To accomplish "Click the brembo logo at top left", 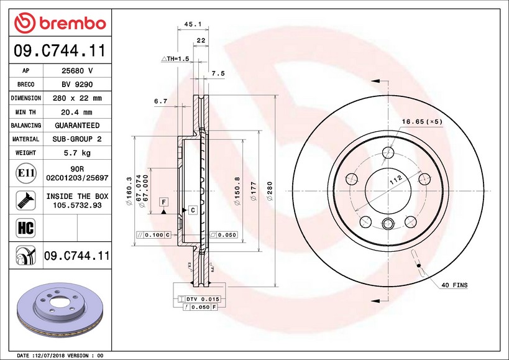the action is pos(60,23).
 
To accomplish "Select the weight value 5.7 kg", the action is pos(77,152).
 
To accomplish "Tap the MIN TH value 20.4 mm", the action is pos(76,113).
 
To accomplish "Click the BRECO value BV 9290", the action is pos(77,85).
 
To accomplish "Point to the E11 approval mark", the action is pos(26,173).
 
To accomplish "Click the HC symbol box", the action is pos(25,228).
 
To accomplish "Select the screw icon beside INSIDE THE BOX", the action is pos(26,200).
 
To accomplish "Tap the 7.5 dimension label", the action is pos(218,74).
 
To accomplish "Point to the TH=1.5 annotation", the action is pos(175,58).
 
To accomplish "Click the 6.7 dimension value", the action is pos(161,101).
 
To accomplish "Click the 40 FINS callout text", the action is pos(454,285).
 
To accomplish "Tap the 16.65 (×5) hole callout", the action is pos(422,122).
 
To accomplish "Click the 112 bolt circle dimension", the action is pos(396,180).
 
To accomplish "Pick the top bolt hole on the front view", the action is pos(388,152).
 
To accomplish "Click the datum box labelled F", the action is pos(164,202).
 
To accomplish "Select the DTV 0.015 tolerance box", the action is pos(199,299).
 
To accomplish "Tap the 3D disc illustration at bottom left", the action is pos(60,311).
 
